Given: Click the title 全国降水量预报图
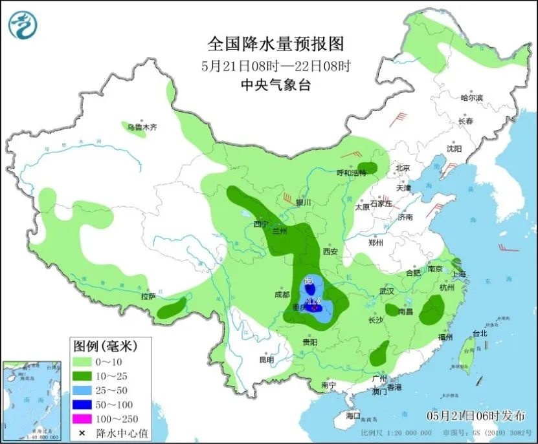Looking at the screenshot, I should [x=275, y=44].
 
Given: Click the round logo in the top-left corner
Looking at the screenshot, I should [x=23, y=25].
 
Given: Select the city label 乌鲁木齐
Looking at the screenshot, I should [x=142, y=127].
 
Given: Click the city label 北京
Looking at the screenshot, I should [x=403, y=168].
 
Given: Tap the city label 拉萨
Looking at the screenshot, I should [x=148, y=297].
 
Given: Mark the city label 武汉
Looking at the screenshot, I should [x=387, y=291].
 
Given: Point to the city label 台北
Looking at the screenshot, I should [x=479, y=334].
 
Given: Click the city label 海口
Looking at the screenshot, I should [x=352, y=414].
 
